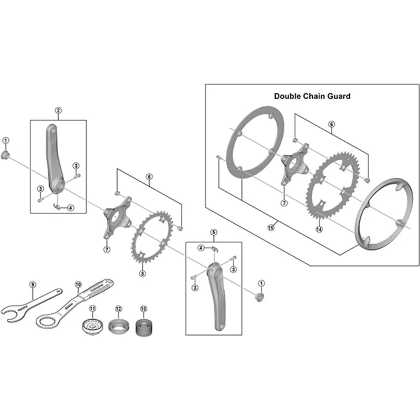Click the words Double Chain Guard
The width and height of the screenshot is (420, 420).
(312, 96)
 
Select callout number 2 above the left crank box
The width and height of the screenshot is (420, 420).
(58, 110)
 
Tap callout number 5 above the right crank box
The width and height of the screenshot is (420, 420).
(214, 232)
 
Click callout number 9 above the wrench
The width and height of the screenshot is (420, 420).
(33, 285)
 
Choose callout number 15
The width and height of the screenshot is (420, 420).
(271, 228)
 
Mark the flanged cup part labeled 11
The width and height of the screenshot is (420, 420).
(93, 327)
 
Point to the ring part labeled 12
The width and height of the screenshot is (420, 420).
(119, 326)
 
